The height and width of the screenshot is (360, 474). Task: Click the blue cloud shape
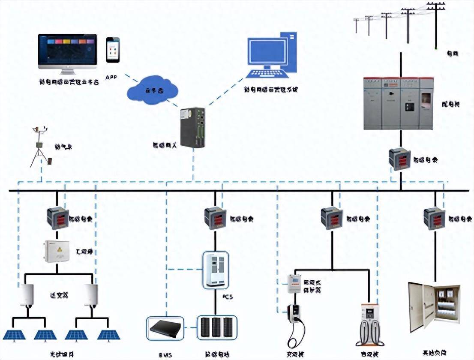[x=153, y=90]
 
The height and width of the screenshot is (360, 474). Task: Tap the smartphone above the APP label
[x=113, y=50]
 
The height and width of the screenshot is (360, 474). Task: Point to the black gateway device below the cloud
[x=192, y=128]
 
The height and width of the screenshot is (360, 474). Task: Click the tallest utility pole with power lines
[x=436, y=24]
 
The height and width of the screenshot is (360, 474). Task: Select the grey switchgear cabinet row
[x=399, y=103]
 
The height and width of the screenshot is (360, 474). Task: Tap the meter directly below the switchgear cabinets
[x=400, y=159]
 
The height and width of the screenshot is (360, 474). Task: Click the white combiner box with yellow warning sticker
[x=57, y=252]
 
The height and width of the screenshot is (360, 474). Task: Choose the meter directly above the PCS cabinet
[x=216, y=218]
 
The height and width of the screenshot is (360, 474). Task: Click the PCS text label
[x=228, y=297]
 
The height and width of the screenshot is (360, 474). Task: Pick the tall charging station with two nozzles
[x=369, y=324]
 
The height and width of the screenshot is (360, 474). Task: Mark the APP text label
[x=111, y=77]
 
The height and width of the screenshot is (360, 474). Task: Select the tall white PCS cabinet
[x=215, y=269]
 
